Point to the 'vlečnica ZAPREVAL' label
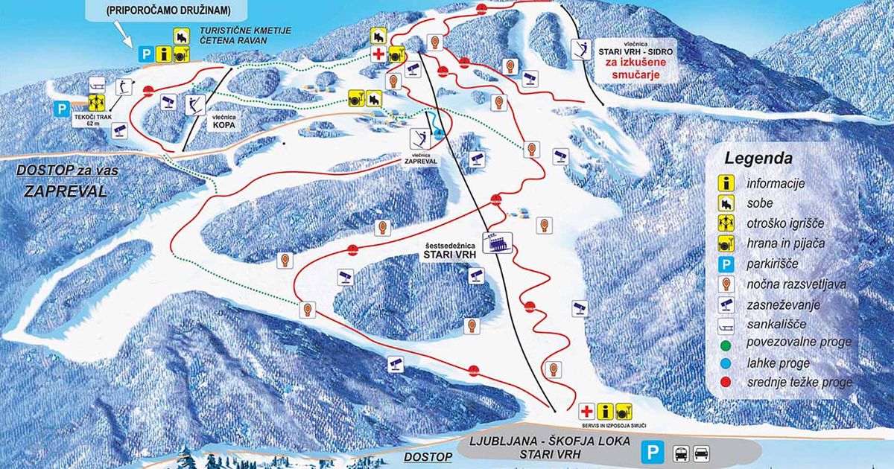click(421, 156)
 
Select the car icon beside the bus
click(702, 452)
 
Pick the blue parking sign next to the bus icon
click(653, 452)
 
